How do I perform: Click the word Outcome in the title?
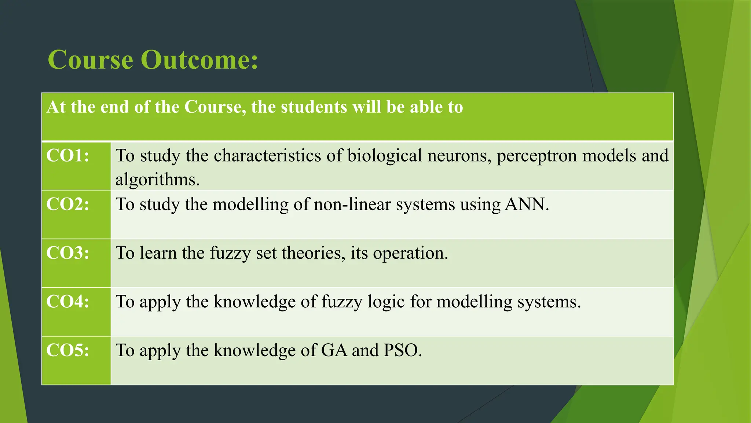199,60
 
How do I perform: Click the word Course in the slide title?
90,60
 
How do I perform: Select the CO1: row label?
68,156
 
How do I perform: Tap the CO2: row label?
68,204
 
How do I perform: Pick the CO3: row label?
68,253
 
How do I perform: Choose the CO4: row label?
68,301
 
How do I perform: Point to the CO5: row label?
68,350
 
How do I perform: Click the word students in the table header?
314,107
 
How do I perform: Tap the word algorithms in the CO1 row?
157,180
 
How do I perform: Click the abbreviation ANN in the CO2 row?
527,204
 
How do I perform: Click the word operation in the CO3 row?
410,253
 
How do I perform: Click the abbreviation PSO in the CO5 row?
402,350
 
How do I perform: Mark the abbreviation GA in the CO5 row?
334,350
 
